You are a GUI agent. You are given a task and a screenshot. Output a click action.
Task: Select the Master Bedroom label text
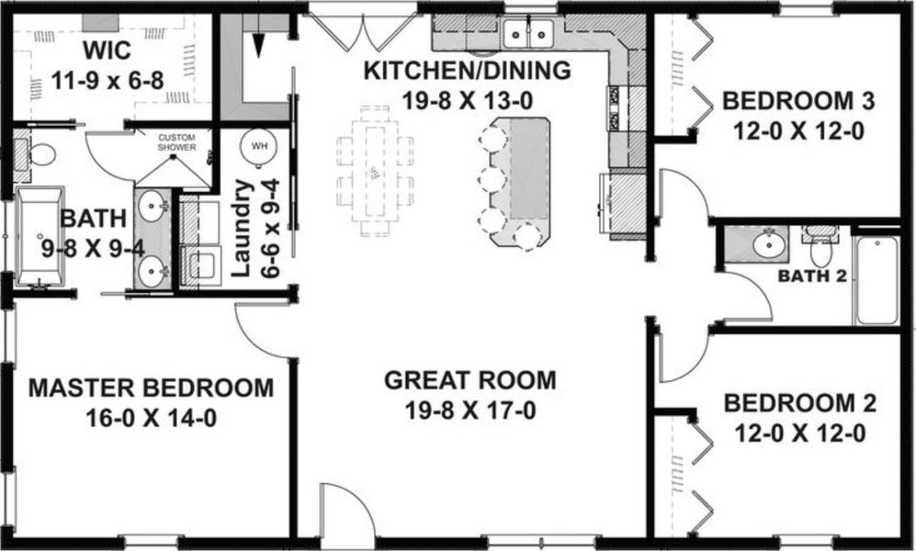pyautogui.click(x=151, y=388)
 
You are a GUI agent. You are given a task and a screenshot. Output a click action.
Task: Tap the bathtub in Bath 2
pyautogui.click(x=876, y=281)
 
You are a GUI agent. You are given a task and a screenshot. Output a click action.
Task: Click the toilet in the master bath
pyautogui.click(x=37, y=152)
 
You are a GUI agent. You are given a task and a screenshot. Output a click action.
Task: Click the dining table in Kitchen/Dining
pyautogui.click(x=374, y=174)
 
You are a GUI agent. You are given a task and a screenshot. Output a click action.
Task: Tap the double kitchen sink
pyautogui.click(x=530, y=34)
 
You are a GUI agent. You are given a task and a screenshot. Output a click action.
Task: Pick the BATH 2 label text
pyautogui.click(x=811, y=275)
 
